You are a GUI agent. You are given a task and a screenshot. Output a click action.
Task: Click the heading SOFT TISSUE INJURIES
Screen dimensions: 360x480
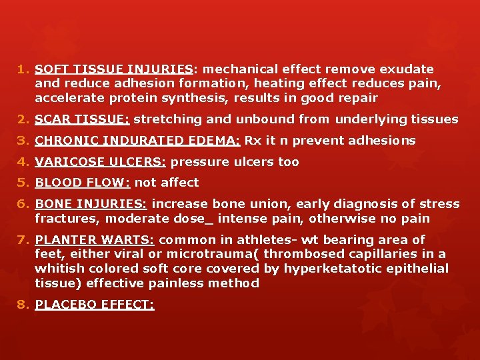click(x=114, y=69)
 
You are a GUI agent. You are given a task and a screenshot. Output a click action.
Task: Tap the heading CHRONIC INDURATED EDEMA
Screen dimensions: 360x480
click(x=137, y=141)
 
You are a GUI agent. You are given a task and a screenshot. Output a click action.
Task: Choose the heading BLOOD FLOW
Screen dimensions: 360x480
click(x=82, y=183)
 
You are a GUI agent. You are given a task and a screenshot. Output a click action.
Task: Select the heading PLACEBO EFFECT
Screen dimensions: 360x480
click(x=95, y=305)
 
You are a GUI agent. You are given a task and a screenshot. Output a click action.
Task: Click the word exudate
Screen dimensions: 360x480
click(x=410, y=69)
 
